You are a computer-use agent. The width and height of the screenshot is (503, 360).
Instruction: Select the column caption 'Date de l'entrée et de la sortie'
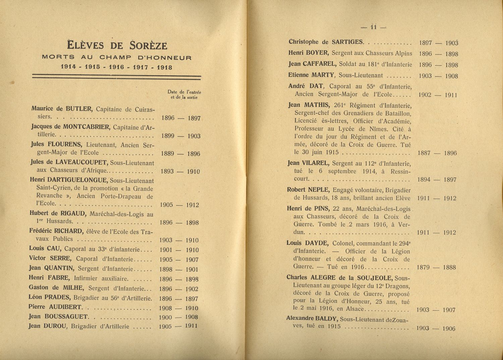184,95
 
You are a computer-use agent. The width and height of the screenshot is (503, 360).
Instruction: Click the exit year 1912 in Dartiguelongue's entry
192,205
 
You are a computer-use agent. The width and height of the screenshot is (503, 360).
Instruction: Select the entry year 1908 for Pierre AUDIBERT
165,308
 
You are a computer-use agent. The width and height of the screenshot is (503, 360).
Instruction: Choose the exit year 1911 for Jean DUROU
191,326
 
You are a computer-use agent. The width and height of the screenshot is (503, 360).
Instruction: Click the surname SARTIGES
347,42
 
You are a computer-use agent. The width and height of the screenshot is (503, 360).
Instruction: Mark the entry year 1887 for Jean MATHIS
425,153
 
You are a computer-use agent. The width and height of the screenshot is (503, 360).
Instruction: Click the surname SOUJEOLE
375,278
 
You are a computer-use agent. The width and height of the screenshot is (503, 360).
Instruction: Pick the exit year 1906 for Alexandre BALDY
449,328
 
